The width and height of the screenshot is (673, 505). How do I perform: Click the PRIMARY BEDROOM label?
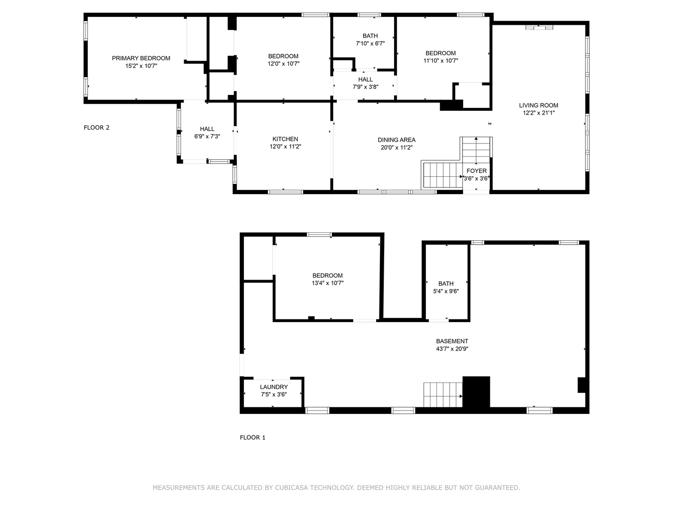tap(141, 58)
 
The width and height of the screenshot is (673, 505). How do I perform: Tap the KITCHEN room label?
tap(285, 139)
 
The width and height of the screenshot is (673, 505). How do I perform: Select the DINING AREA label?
tap(396, 140)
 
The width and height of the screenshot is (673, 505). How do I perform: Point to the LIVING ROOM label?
tap(538, 105)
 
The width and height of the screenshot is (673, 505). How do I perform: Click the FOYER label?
tap(476, 171)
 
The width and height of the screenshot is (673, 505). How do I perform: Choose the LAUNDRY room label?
tap(274, 387)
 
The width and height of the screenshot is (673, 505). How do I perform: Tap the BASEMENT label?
tap(452, 341)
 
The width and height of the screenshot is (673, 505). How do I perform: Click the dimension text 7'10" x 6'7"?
tap(370, 43)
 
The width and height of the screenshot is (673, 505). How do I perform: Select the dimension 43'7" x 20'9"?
tap(452, 349)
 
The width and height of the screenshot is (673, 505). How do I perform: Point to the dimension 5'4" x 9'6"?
tap(446, 291)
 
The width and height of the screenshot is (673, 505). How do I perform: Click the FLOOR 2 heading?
tap(97, 128)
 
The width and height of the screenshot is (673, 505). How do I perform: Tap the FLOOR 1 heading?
tap(253, 438)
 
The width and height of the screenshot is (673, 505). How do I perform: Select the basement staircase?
tap(443, 395)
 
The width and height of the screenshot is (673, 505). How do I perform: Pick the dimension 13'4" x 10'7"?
tap(328, 283)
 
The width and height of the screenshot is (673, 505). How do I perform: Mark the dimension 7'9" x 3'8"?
tap(365, 87)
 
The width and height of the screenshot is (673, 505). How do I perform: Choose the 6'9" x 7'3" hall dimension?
tap(207, 137)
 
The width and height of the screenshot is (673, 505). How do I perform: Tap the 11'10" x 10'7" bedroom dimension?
tap(441, 61)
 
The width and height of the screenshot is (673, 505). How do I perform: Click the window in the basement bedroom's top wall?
tap(319, 235)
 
